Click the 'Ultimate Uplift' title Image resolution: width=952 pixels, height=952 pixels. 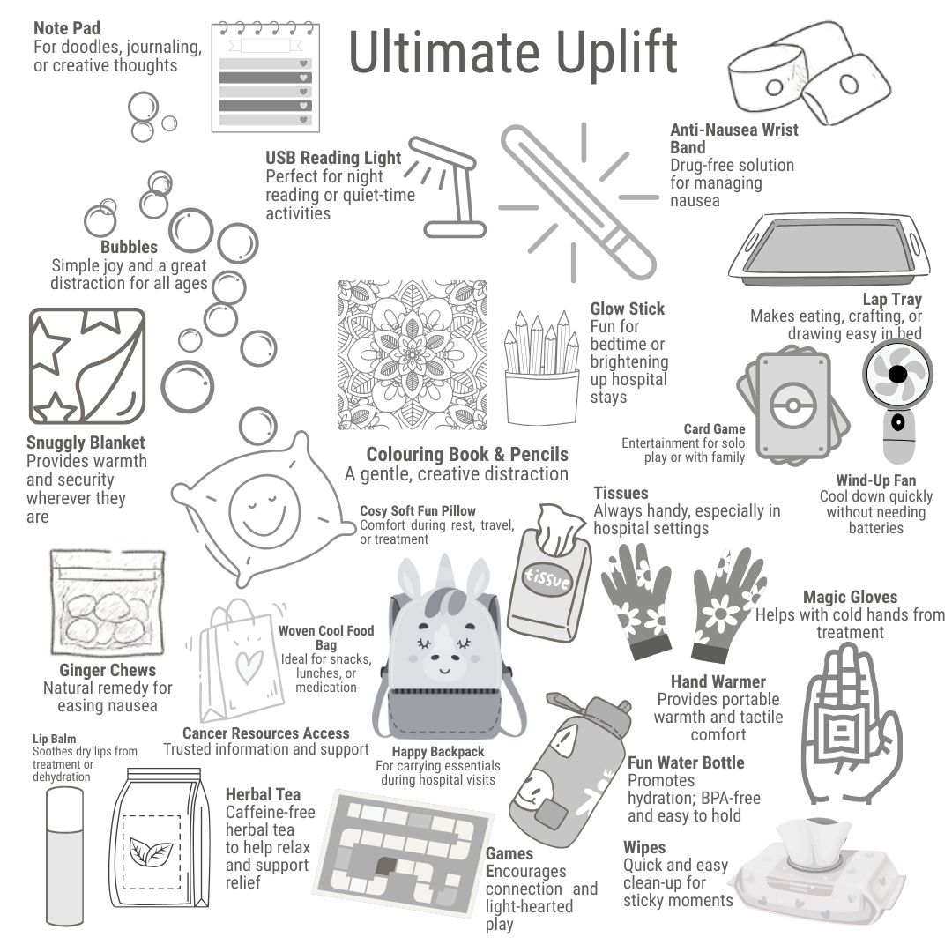[513, 54]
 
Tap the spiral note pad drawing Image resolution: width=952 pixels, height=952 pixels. [265, 77]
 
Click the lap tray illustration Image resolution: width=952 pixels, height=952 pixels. [829, 249]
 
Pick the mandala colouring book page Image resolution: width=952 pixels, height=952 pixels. [413, 355]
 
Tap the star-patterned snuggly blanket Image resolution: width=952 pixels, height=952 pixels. [87, 366]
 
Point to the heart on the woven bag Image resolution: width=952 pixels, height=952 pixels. [249, 666]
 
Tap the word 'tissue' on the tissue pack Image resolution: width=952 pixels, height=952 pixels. [547, 578]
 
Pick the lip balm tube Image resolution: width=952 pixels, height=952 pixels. [65, 855]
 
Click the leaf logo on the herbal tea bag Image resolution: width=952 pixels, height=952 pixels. [152, 852]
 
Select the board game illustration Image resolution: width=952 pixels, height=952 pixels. [405, 852]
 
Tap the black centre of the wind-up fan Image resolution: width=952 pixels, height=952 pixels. [898, 374]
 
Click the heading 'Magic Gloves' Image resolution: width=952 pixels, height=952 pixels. [850, 597]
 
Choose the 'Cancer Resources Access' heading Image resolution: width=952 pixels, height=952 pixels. [266, 733]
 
